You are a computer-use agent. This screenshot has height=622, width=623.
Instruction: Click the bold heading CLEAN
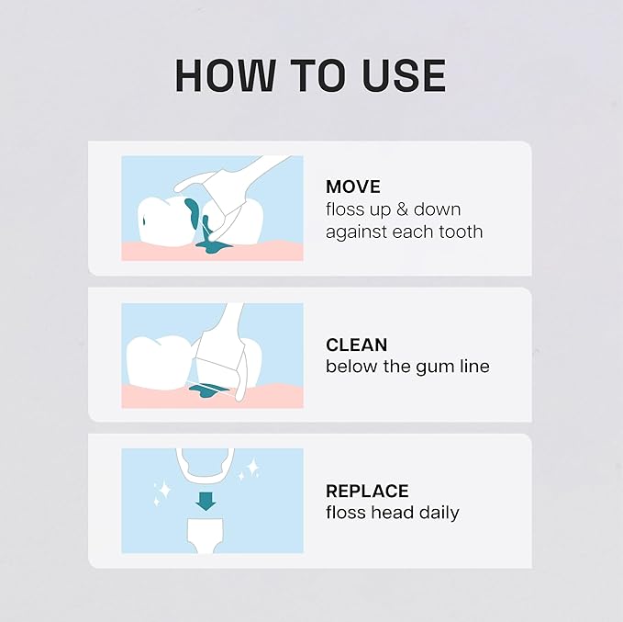(357, 345)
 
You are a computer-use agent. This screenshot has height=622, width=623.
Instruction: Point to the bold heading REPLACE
(367, 492)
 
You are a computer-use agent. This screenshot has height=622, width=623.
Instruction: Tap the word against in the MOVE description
(356, 232)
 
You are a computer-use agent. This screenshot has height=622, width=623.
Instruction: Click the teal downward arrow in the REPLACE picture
(206, 501)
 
